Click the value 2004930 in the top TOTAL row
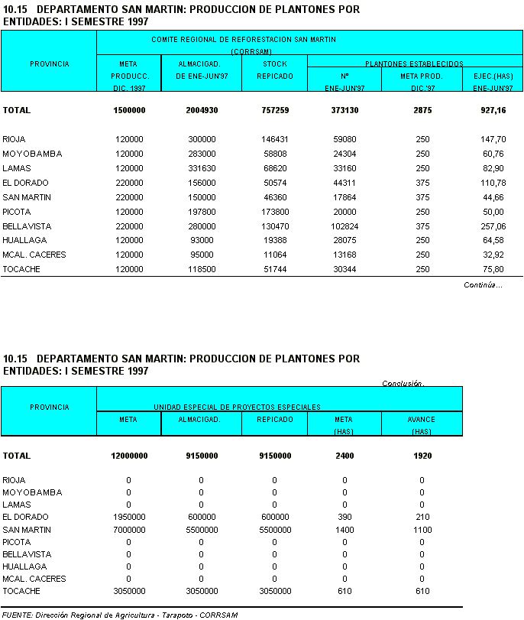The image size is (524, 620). click(x=202, y=110)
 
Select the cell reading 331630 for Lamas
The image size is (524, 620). click(x=202, y=168)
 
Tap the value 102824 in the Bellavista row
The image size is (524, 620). click(x=344, y=226)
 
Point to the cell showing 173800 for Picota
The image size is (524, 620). click(x=275, y=212)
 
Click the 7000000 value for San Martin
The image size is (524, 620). click(x=128, y=530)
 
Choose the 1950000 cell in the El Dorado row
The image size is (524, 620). click(x=128, y=518)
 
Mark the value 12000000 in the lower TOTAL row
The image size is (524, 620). click(x=128, y=456)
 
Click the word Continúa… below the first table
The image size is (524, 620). click(x=483, y=285)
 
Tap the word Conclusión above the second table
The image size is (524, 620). click(x=403, y=384)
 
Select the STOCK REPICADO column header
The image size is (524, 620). click(x=275, y=70)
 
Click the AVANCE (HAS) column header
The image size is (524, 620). click(x=422, y=425)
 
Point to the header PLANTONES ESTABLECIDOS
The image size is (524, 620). click(x=414, y=64)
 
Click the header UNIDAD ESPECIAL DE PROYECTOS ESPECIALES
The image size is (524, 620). click(x=237, y=407)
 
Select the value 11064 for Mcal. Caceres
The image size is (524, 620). click(x=275, y=255)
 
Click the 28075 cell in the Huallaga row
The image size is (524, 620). click(x=344, y=240)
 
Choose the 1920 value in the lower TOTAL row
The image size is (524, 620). click(x=422, y=456)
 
